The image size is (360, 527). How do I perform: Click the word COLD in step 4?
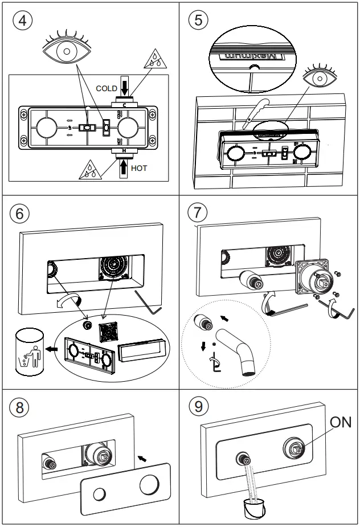[x=107, y=89]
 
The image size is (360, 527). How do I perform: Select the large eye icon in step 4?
[x=67, y=51]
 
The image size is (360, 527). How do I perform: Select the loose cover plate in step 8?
[x=125, y=491]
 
